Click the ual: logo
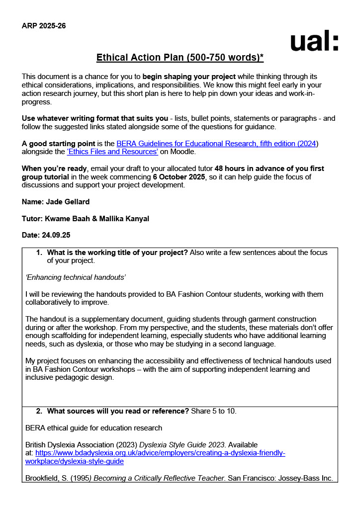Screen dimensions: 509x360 [314, 42]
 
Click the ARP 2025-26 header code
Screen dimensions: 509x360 [44, 25]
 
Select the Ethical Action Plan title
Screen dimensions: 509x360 [180, 58]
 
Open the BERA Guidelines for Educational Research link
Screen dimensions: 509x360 [217, 144]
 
